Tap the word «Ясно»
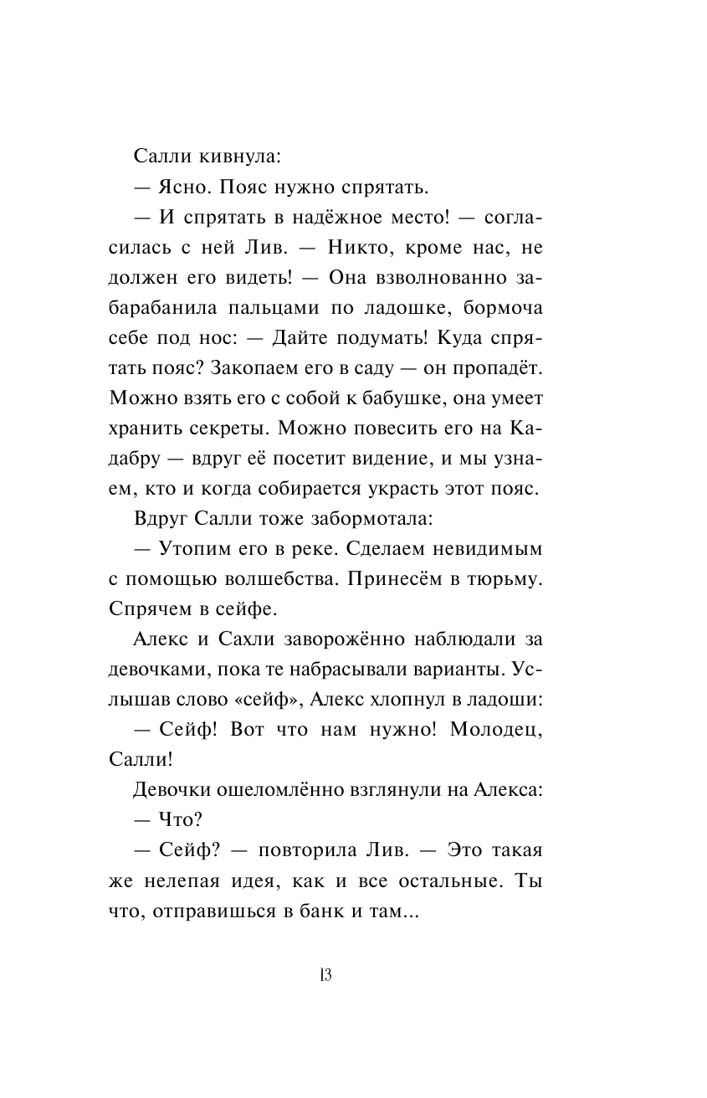coord(188,187)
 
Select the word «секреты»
coord(225,428)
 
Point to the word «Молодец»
coord(497,730)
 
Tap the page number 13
coord(326,975)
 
